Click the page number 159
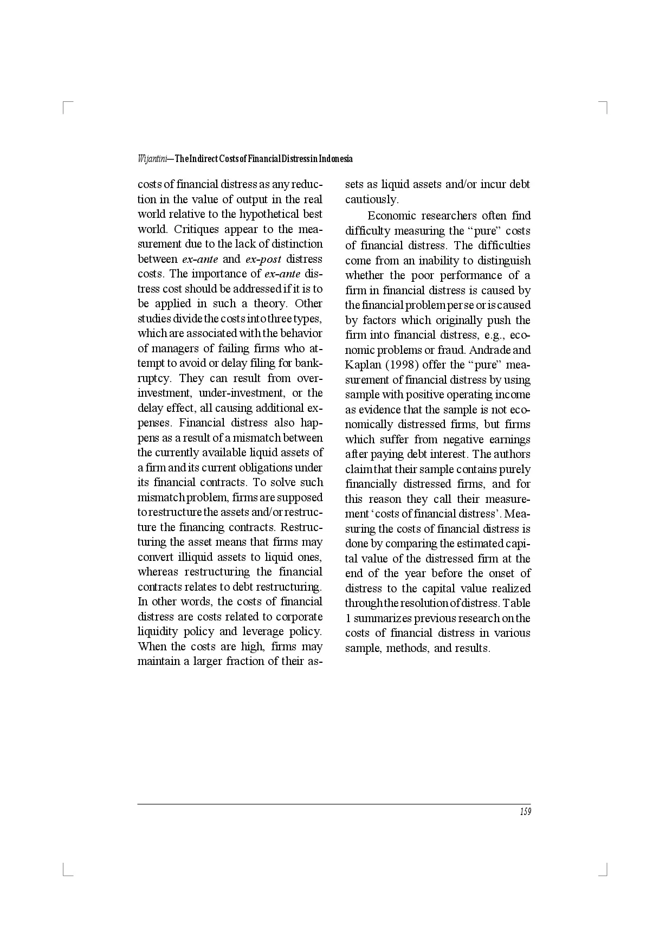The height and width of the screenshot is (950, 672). (x=525, y=812)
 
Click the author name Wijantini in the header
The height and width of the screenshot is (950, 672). (x=152, y=159)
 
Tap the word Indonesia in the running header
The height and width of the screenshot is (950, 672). (x=335, y=159)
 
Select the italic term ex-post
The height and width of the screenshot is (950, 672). (x=263, y=259)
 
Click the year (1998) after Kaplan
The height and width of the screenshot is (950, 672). (x=402, y=365)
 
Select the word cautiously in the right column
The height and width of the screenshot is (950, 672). (x=372, y=199)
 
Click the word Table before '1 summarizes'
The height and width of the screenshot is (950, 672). (x=516, y=603)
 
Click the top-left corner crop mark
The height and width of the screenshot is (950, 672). (x=66, y=106)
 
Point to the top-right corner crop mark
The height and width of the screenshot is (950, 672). (x=605, y=106)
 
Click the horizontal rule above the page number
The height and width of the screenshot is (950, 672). (x=334, y=804)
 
